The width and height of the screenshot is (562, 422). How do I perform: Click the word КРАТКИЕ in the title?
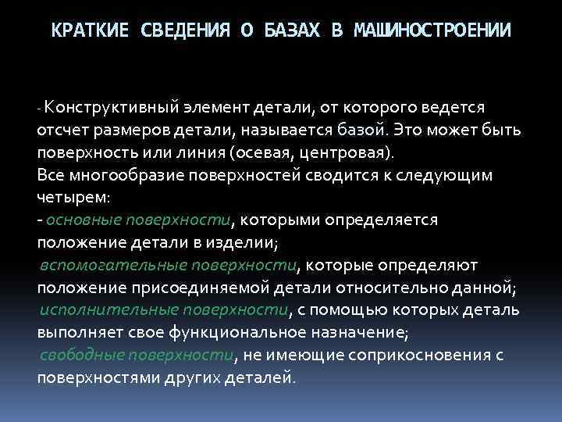[x=91, y=30]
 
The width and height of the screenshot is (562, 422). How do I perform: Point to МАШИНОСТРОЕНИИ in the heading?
[x=433, y=30]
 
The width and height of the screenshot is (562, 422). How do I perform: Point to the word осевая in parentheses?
[x=264, y=151]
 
